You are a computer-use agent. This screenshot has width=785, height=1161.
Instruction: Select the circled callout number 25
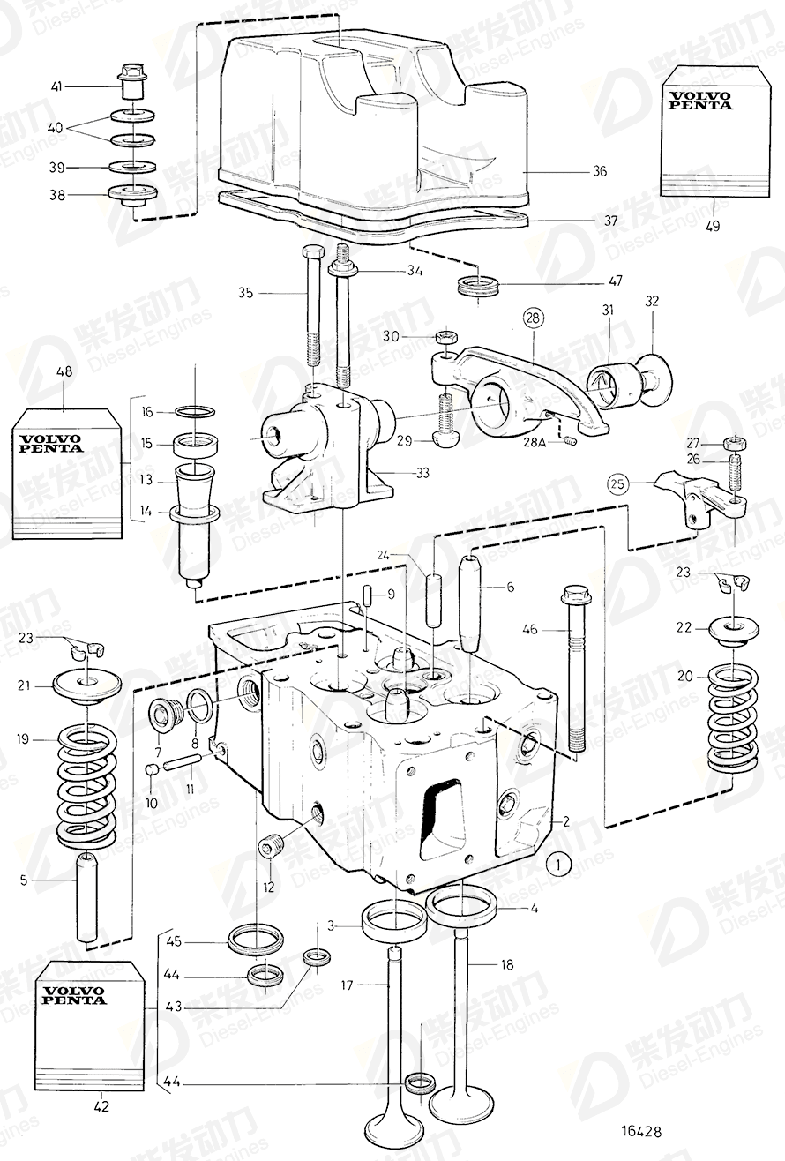pyautogui.click(x=617, y=483)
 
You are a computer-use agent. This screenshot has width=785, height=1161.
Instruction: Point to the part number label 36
pyautogui.click(x=599, y=171)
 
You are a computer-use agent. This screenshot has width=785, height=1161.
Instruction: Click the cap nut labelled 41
pyautogui.click(x=133, y=86)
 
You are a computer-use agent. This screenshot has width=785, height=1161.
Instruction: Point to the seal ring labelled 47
pyautogui.click(x=477, y=288)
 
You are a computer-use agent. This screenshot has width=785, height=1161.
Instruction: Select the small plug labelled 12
pyautogui.click(x=270, y=847)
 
